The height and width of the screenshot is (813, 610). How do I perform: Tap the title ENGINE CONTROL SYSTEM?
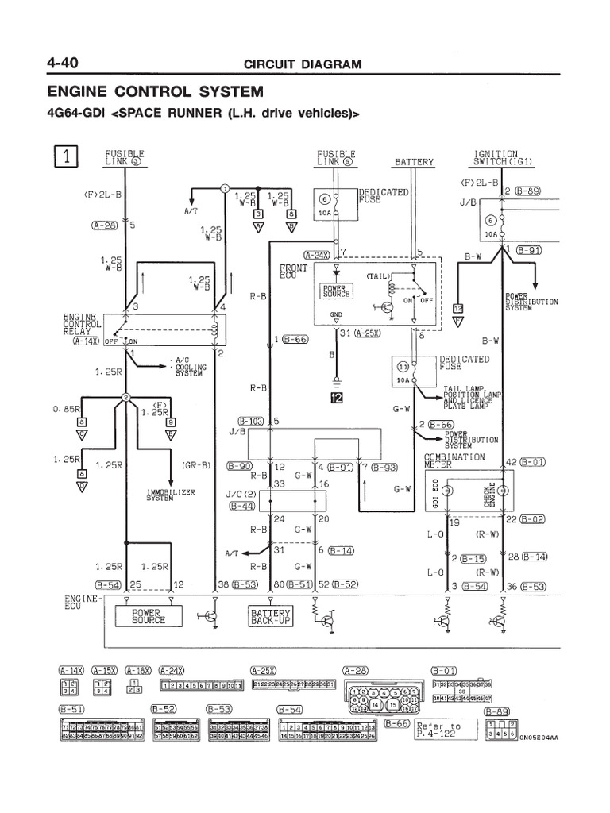156,91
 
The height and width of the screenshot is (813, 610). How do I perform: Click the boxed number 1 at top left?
68,156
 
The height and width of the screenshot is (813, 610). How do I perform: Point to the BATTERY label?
415,162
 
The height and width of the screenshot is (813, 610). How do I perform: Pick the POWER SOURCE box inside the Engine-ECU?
149,617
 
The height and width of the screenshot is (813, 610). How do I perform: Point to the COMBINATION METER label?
455,461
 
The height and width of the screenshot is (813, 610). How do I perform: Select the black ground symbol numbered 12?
337,398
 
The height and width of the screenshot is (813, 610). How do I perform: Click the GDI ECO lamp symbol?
447,492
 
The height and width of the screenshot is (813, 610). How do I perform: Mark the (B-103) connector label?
251,420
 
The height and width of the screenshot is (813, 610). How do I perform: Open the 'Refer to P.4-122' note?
438,730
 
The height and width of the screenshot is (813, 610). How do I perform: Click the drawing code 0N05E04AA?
539,738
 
